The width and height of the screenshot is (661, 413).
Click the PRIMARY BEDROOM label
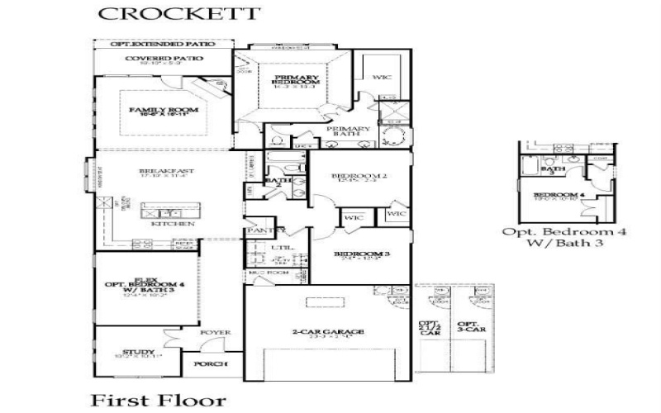click(296, 78)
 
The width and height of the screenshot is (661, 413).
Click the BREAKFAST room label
click(155, 171)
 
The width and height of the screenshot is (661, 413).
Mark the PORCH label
click(210, 363)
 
